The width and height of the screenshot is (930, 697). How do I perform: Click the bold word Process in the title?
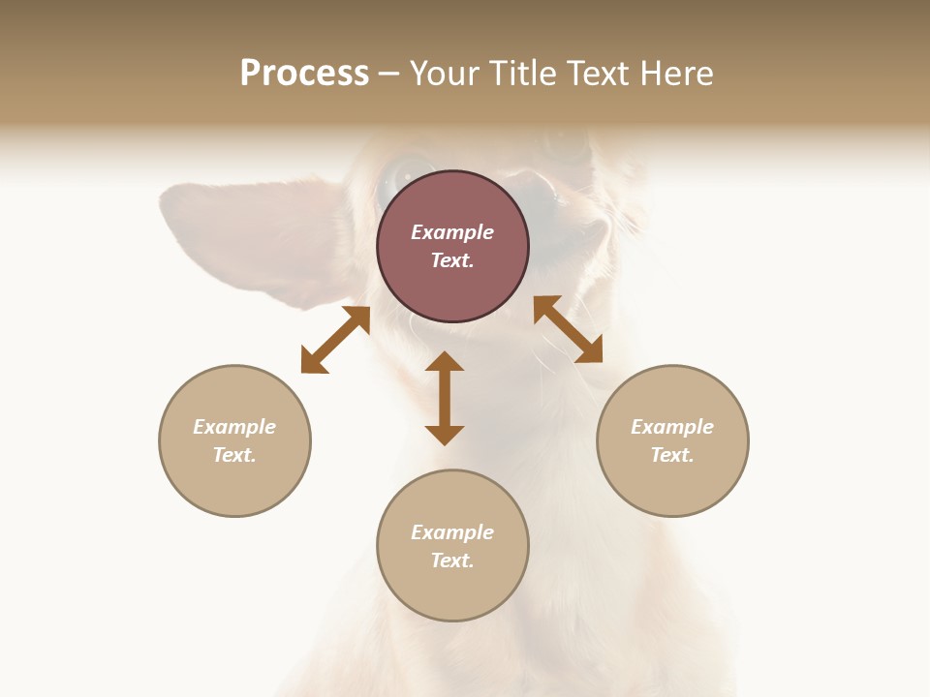tap(304, 74)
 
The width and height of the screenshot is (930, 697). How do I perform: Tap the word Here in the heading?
tap(674, 74)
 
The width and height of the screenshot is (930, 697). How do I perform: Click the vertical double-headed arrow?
tap(445, 398)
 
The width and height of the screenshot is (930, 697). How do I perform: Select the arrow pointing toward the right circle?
tap(568, 329)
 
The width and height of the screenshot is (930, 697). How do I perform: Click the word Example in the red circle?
tap(452, 232)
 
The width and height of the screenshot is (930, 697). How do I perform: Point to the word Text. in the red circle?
tap(452, 260)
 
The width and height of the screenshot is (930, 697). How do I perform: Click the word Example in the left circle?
tap(234, 427)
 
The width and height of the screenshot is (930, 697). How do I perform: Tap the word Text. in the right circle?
tap(672, 455)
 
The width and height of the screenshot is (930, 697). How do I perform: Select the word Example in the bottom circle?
tap(452, 532)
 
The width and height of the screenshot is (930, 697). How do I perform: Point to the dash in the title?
tap(389, 75)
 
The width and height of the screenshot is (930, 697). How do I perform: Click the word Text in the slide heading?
tap(595, 74)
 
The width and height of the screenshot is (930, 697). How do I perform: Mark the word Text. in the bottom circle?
tap(452, 561)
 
